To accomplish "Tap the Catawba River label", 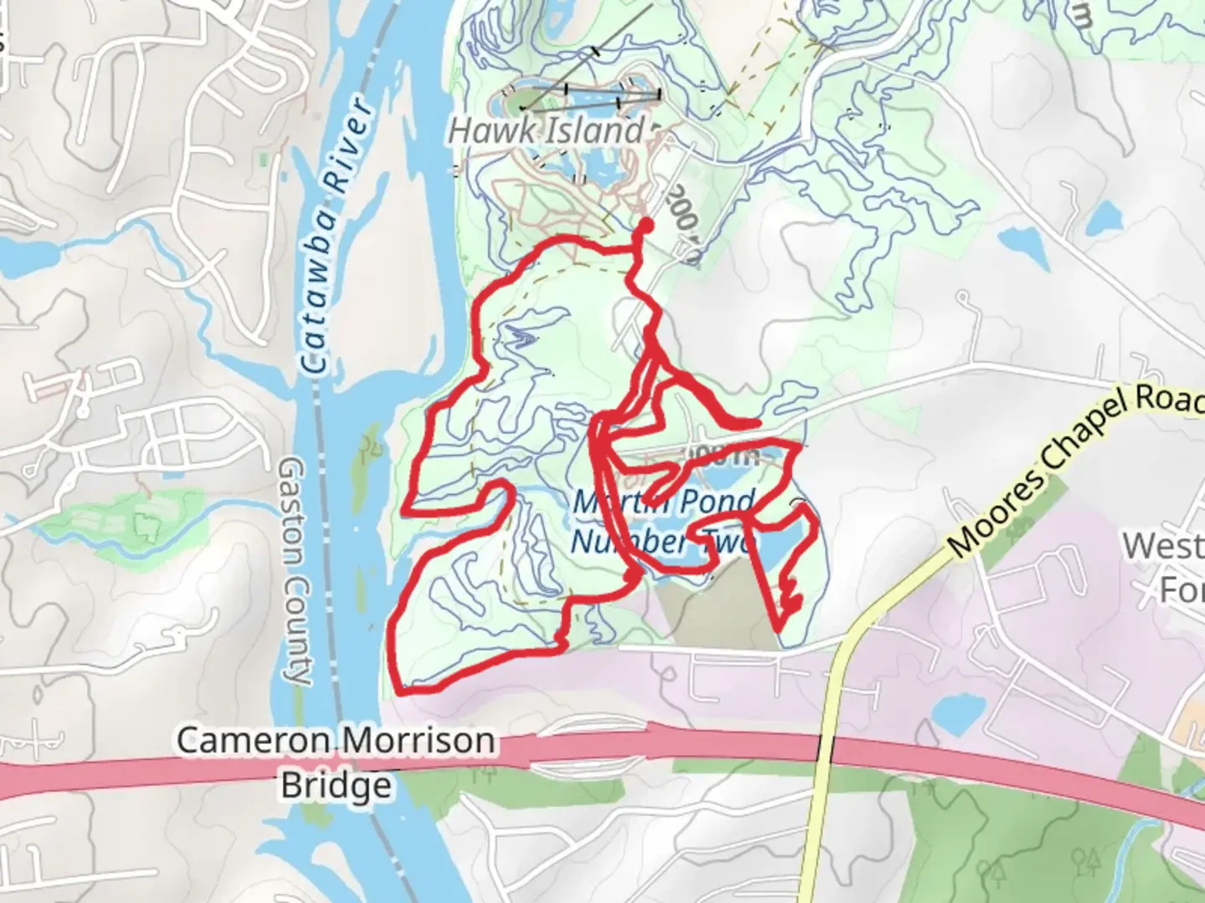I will coord(335,236).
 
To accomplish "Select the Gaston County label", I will coord(295,570).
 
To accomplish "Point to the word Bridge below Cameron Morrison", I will coord(336,786).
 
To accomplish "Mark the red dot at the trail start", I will coord(646,225).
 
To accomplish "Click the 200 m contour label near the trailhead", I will coord(683,221).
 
